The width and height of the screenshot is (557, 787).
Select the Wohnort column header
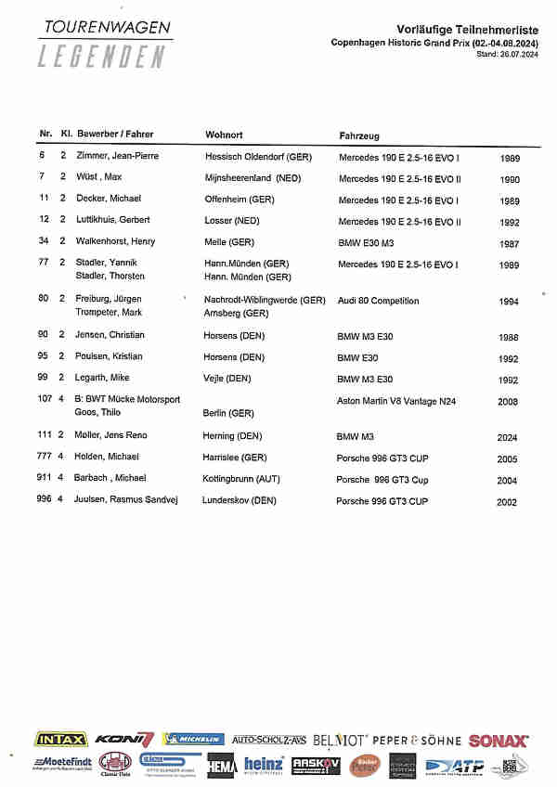point(224,135)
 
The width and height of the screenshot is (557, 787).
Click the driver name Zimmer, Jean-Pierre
point(118,156)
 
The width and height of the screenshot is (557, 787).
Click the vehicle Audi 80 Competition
point(378,301)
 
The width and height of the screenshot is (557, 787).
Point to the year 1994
point(509,302)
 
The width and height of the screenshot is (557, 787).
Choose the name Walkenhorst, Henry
point(117,241)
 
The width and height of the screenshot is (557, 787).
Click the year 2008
point(508,401)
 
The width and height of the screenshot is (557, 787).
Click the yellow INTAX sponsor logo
point(61,740)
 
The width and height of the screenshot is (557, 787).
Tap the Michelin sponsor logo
point(193,740)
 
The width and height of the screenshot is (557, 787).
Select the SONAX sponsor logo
point(499,741)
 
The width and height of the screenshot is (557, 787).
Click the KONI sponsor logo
point(124,740)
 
